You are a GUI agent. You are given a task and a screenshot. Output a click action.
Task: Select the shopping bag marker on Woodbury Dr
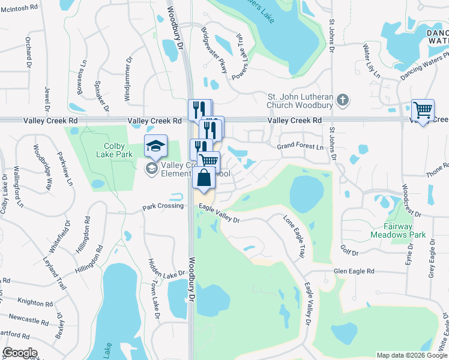coord(203,178)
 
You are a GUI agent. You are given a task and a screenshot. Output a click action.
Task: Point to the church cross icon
coord(343,101)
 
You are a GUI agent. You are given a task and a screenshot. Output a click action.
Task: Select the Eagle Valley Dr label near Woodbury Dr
coord(220,215)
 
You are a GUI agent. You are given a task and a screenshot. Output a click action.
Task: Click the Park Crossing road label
coord(163,206)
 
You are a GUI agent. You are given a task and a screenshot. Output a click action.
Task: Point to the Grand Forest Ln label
coord(300,146)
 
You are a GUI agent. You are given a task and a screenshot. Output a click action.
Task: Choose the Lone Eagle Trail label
coord(294,236)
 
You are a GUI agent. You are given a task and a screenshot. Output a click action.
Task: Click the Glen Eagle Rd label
coord(354,271)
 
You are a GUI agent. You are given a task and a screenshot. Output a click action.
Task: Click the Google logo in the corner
coord(20,352)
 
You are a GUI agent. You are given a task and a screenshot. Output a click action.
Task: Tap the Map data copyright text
coord(411,355)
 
